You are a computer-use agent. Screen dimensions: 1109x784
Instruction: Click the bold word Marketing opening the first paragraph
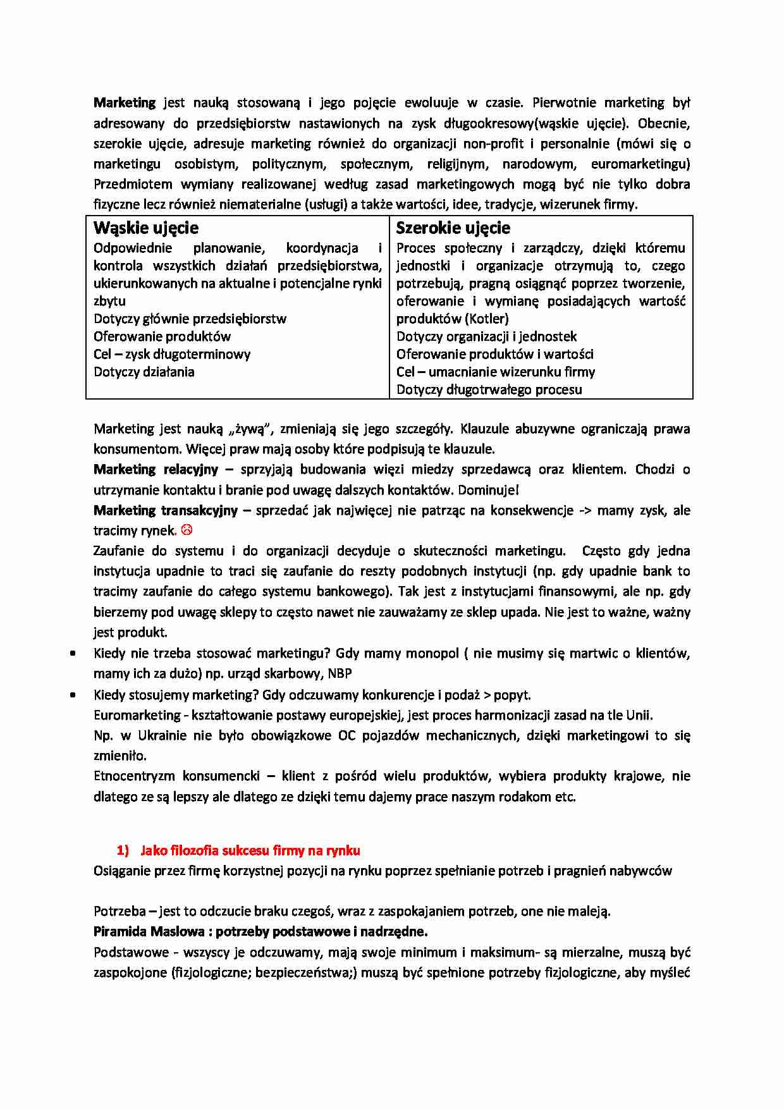point(125,102)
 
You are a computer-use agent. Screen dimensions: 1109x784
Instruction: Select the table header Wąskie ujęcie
point(146,228)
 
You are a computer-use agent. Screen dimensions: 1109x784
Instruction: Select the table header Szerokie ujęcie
point(453,228)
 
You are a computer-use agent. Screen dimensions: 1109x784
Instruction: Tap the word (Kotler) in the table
point(486,319)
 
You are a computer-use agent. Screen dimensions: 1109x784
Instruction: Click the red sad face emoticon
point(186,530)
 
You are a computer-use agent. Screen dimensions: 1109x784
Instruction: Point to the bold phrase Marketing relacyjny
point(156,469)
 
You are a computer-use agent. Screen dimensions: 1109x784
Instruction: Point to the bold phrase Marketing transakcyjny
point(165,510)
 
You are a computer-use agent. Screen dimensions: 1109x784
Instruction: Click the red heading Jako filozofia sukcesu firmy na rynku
point(250,850)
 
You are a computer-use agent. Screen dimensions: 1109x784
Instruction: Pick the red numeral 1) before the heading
point(123,850)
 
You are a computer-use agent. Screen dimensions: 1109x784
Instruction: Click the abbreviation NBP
point(340,673)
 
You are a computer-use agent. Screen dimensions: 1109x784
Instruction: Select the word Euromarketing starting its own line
point(137,715)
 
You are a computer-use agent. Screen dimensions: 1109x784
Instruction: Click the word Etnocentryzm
point(134,776)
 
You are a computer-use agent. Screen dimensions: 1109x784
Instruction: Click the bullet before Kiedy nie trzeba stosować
point(74,654)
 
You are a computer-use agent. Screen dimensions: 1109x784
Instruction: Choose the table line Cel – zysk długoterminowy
point(172,354)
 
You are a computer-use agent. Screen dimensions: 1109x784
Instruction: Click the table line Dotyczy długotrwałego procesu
point(489,389)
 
